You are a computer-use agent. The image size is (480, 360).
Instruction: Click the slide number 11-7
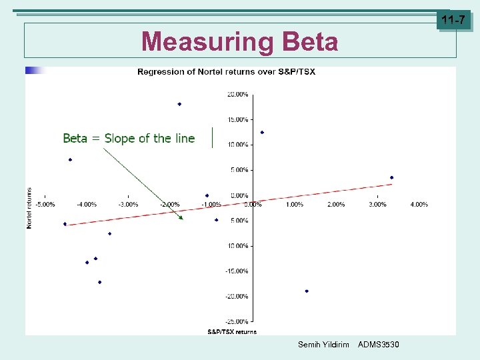[x=453, y=21]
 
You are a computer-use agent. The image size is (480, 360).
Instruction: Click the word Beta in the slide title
[x=310, y=42]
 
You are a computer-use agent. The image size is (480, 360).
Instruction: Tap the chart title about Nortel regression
[x=226, y=71]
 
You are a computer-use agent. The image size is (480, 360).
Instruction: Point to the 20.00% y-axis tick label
[x=238, y=95]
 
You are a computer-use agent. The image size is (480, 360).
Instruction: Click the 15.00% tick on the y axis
[x=238, y=120]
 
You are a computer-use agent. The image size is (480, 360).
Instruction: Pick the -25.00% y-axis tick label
[x=237, y=321]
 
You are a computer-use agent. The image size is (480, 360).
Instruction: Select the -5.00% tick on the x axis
[x=45, y=205]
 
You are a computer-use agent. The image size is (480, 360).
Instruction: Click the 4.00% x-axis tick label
[x=419, y=205]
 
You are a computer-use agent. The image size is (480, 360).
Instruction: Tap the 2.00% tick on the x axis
[x=336, y=205]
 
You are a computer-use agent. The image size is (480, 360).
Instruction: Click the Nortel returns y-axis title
[x=29, y=208]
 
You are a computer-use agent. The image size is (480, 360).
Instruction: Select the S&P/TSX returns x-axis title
[x=232, y=331]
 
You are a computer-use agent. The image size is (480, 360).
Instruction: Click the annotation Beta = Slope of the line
[x=129, y=139]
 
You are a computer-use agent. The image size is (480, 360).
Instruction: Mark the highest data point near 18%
[x=179, y=104]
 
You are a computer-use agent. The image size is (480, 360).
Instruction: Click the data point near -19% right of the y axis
[x=307, y=291]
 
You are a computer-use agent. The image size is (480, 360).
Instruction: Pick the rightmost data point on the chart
[x=392, y=177]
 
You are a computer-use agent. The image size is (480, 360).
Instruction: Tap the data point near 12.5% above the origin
[x=262, y=132]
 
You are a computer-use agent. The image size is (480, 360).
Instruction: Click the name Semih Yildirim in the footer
[x=323, y=345]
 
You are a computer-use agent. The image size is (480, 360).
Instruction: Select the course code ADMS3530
[x=379, y=345]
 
